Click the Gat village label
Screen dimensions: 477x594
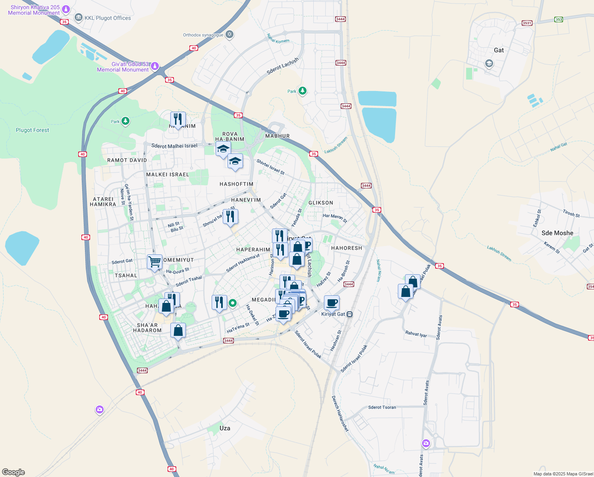pos(499,50)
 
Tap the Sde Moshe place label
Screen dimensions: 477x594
pos(557,233)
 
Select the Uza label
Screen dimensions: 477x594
pos(225,428)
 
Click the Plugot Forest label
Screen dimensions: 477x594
pos(33,130)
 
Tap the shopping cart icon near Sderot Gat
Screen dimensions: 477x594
pos(154,262)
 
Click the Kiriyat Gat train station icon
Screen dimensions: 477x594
pos(349,314)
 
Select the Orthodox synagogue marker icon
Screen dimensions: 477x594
pos(229,35)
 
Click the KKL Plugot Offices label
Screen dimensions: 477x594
pos(108,18)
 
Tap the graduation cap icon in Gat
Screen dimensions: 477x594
pos(489,64)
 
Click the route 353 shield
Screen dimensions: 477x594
pos(559,19)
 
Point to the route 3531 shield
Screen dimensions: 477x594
pos(527,23)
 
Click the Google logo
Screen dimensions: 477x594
pos(13,472)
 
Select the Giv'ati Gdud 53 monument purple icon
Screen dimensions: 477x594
pos(155,66)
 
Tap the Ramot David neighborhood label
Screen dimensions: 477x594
pos(127,160)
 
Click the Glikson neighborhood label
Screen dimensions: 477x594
pos(321,203)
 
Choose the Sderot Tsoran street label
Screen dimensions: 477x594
pos(382,407)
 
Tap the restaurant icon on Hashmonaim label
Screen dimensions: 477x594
pos(178,119)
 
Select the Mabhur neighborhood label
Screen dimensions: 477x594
pos(278,136)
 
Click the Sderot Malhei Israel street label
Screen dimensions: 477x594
pos(174,146)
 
